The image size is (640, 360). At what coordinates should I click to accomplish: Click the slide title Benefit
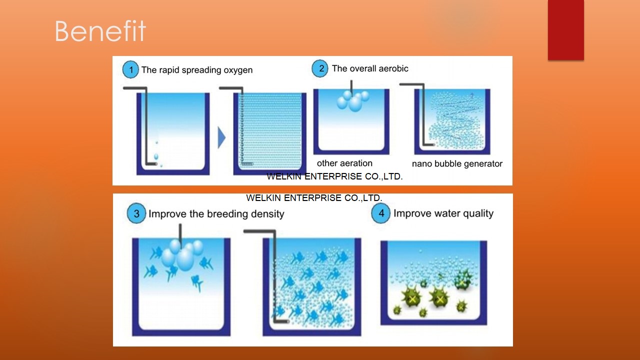[x=100, y=31]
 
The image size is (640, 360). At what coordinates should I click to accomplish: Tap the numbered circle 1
[x=130, y=69]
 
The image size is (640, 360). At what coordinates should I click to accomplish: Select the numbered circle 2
[x=320, y=68]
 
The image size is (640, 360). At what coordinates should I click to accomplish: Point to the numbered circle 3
[x=136, y=213]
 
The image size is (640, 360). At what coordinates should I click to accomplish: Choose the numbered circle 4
[x=381, y=213]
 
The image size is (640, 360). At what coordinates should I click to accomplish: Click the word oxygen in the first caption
[x=238, y=70]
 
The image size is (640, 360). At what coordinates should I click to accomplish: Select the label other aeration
[x=344, y=163]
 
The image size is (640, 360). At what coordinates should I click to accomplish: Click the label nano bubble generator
[x=457, y=164]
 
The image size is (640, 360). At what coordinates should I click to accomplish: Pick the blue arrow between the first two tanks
[x=221, y=137]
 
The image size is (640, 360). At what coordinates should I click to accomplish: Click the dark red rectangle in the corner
[x=565, y=30]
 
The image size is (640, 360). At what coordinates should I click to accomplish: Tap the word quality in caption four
[x=478, y=213]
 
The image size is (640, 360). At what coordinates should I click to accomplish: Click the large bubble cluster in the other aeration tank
[x=353, y=100]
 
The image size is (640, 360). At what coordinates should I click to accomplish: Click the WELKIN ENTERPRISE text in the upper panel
[x=334, y=176]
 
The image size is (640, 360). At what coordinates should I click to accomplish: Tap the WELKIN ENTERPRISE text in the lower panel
[x=314, y=197]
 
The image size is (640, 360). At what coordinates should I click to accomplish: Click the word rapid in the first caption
[x=169, y=70]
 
